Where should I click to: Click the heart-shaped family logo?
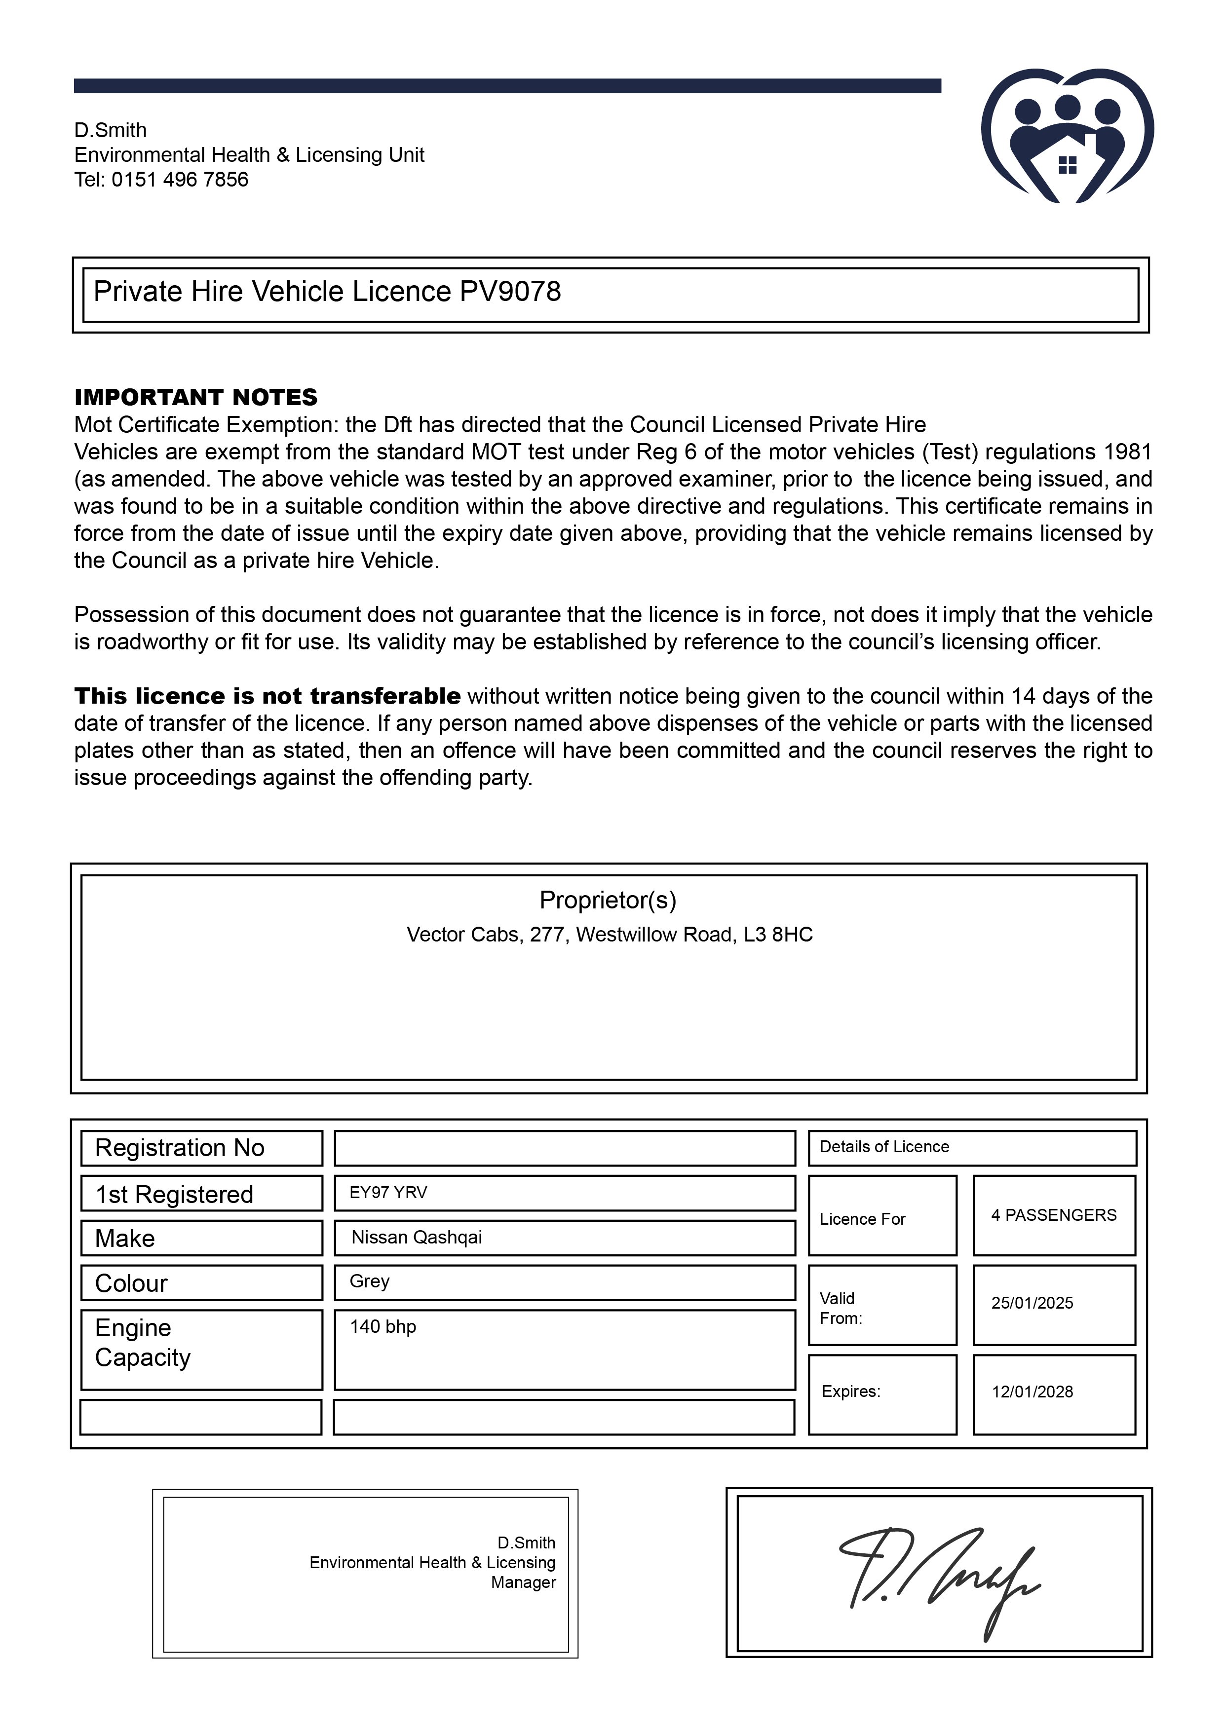coord(1067,137)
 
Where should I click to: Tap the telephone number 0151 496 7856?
coord(180,180)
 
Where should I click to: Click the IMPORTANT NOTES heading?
coord(195,397)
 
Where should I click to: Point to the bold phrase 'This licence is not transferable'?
coord(267,696)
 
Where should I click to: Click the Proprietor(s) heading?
coord(608,900)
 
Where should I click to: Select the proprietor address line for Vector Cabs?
coord(610,935)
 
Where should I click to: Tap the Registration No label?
coord(180,1148)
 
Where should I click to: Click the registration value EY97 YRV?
coord(388,1193)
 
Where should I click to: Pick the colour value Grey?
coord(370,1281)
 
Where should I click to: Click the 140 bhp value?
coord(383,1327)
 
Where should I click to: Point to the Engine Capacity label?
coord(143,1343)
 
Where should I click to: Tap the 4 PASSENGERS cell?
coord(1054,1215)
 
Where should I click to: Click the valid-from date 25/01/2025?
coord(1032,1304)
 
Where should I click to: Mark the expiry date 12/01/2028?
coord(1032,1392)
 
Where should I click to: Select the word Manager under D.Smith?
coord(523,1582)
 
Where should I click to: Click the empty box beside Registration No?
coord(564,1148)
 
